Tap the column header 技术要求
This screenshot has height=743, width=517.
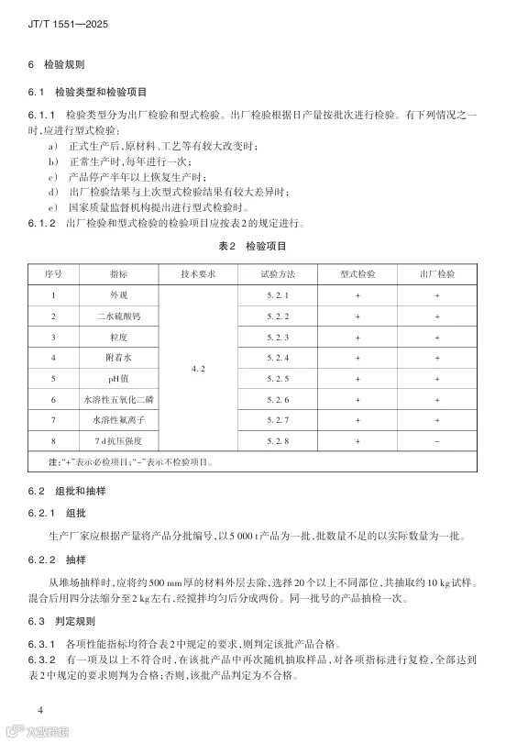tap(199, 274)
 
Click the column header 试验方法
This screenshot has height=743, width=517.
tap(277, 274)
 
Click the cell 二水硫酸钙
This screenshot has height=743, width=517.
tap(119, 316)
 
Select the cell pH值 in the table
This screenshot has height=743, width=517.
tap(119, 379)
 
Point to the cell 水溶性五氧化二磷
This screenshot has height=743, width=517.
tap(119, 400)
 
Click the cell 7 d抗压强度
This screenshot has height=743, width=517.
tap(119, 441)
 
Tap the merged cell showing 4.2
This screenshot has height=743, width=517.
tap(199, 369)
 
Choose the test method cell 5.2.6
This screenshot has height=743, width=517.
tap(277, 400)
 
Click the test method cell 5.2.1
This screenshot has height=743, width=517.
tap(277, 295)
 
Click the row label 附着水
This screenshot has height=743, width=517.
tap(119, 358)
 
